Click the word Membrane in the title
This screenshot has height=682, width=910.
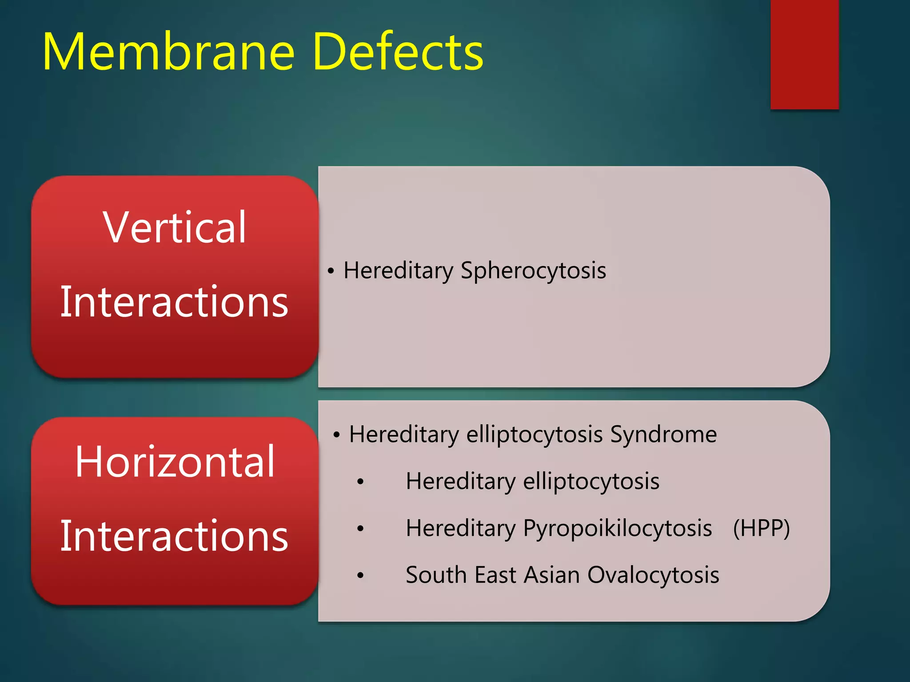[169, 52]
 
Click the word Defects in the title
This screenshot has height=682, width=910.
[398, 52]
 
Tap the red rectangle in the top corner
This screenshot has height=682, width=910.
[804, 54]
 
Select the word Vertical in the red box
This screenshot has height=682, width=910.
[174, 227]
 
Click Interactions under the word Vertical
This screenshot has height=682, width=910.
[174, 302]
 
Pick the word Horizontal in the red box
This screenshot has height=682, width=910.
[175, 462]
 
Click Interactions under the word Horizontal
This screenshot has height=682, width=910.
[174, 536]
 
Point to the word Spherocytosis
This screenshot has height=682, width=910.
[533, 271]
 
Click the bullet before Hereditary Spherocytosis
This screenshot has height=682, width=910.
[330, 271]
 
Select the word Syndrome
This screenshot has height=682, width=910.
[663, 434]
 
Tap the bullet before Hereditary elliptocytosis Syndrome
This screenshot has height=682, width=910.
[336, 435]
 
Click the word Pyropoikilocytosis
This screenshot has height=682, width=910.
[617, 528]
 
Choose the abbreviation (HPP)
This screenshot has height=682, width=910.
[761, 528]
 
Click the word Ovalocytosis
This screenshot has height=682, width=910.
[653, 575]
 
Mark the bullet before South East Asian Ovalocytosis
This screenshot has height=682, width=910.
[360, 576]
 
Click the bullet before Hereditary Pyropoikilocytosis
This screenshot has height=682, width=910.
[360, 528]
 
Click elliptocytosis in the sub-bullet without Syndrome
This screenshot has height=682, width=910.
[591, 482]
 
